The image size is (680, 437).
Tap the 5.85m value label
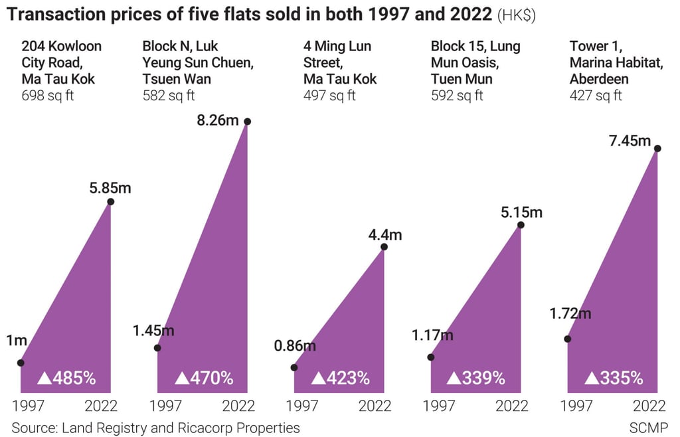click(x=110, y=187)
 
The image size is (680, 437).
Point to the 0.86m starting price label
click(x=295, y=345)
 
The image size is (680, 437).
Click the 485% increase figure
click(x=67, y=379)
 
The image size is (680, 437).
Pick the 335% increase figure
click(x=614, y=379)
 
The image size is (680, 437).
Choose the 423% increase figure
click(x=341, y=379)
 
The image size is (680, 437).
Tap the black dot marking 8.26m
click(x=248, y=122)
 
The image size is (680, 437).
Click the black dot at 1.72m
click(x=567, y=339)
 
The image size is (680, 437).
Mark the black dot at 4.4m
click(x=384, y=247)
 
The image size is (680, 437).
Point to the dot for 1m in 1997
click(x=21, y=363)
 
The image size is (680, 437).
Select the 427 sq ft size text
click(x=596, y=95)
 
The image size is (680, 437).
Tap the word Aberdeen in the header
click(x=598, y=79)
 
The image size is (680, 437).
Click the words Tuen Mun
click(x=462, y=79)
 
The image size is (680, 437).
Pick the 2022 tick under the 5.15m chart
click(x=511, y=406)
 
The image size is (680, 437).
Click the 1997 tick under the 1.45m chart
click(x=166, y=406)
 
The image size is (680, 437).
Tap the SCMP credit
click(x=649, y=428)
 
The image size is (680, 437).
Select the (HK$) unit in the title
click(x=516, y=15)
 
